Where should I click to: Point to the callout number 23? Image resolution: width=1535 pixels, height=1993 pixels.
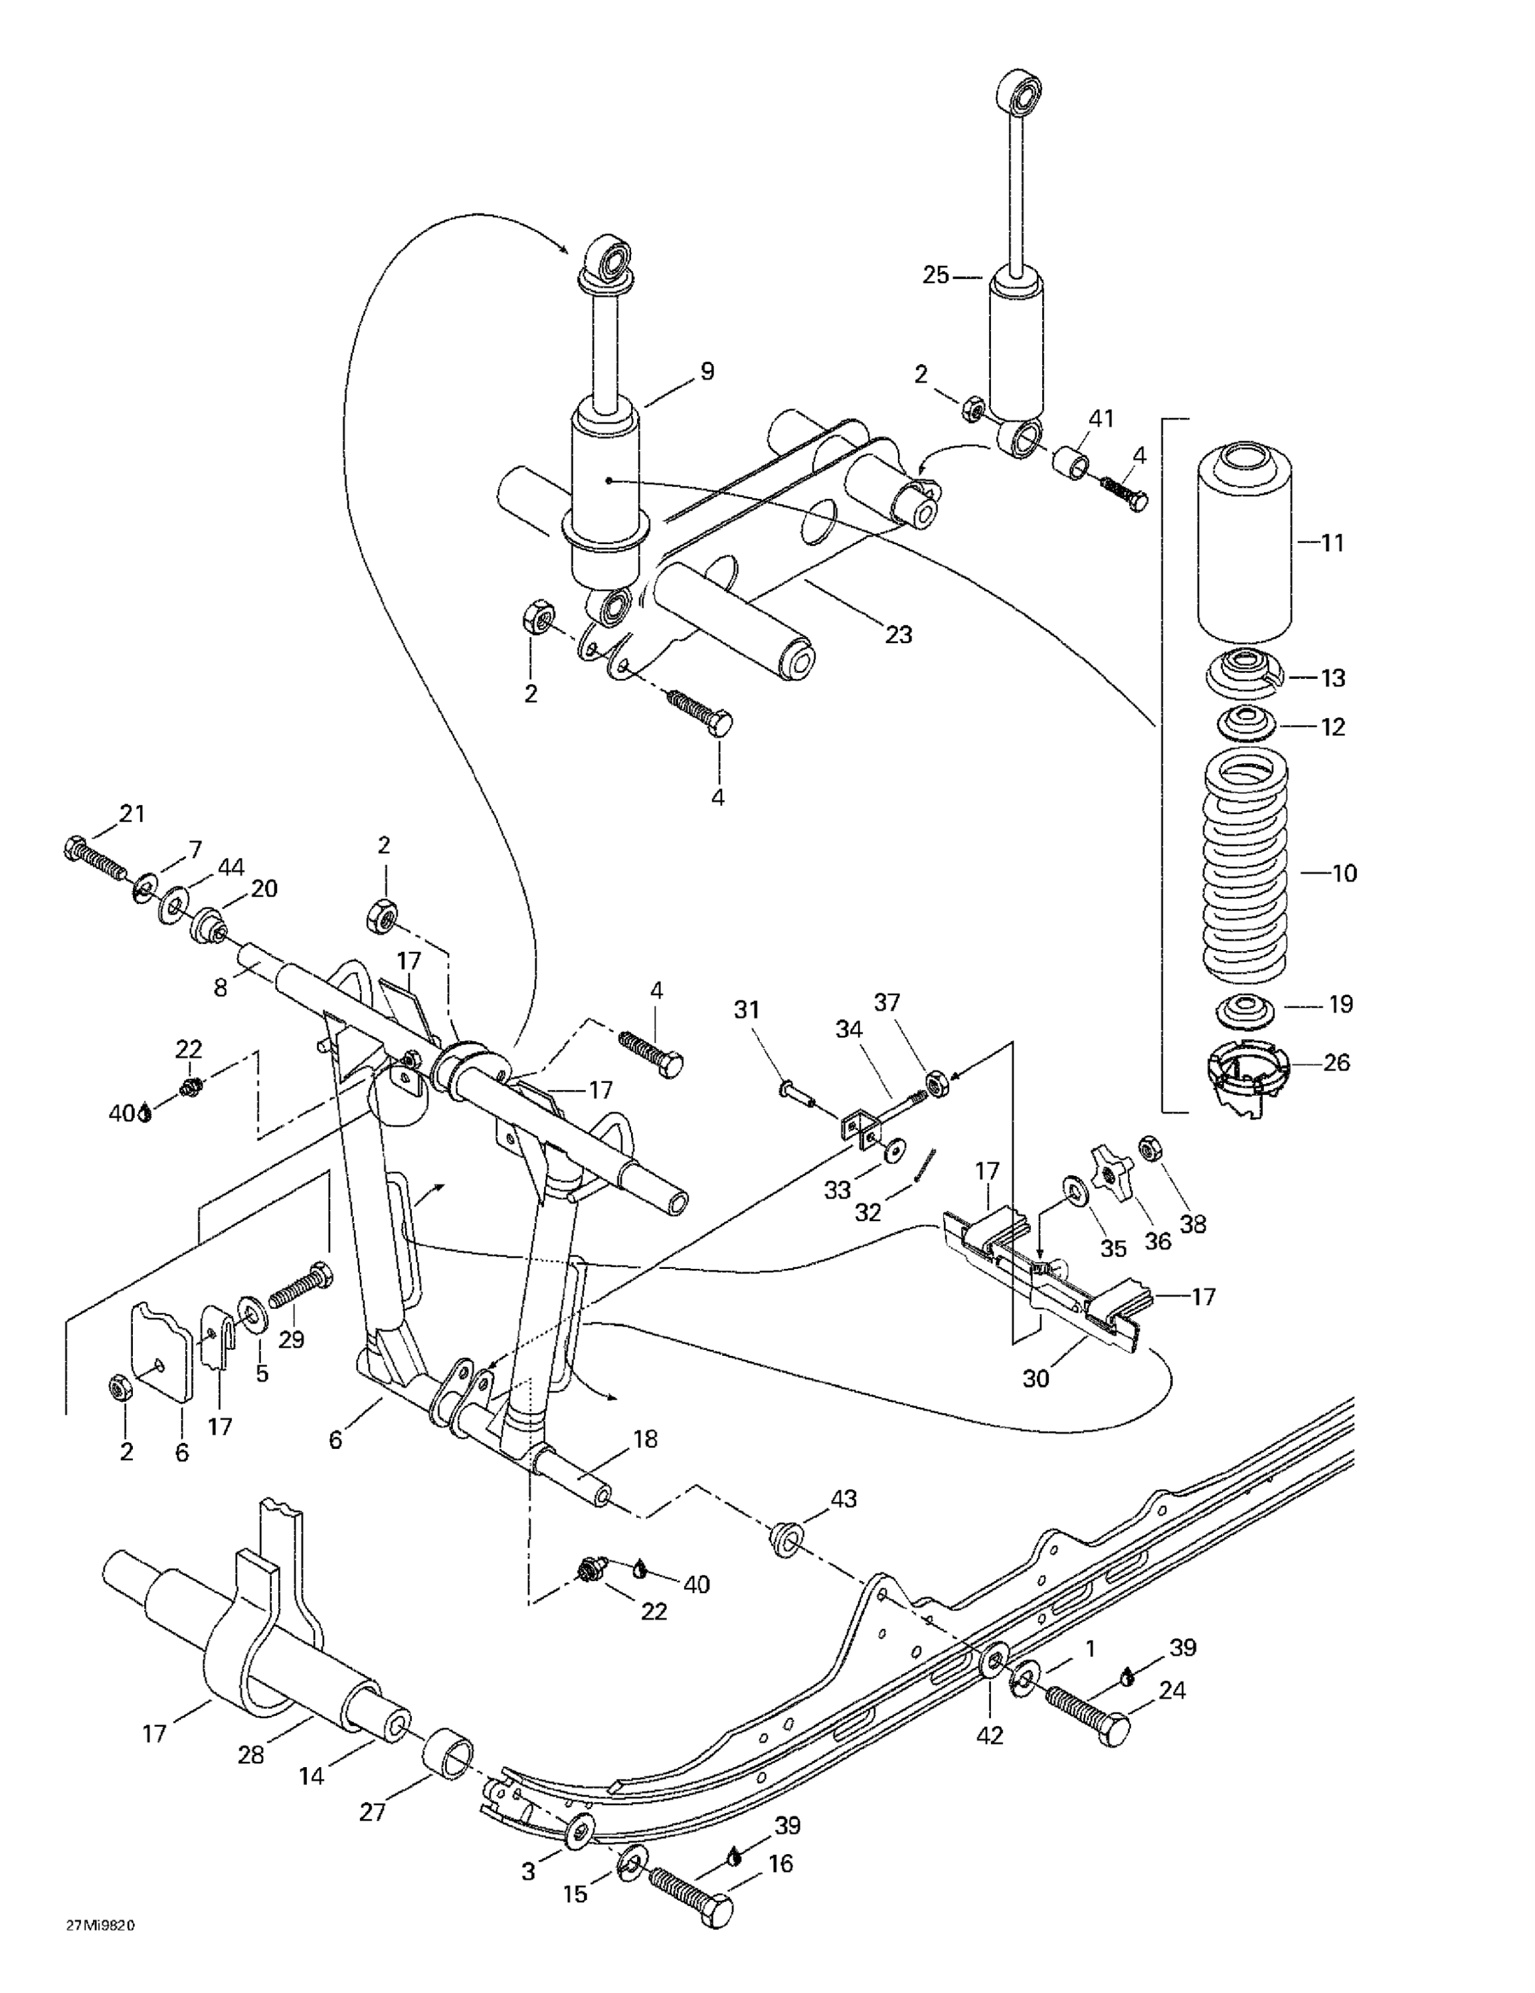[x=899, y=634]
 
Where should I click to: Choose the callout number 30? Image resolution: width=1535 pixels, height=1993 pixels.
[x=1036, y=1379]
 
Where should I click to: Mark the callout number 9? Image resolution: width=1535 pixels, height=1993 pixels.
[x=707, y=371]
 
